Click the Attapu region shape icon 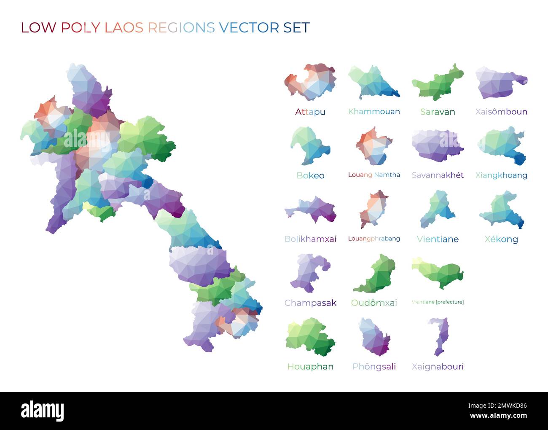tap(310, 83)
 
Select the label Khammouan tap(374, 112)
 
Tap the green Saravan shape tap(436, 83)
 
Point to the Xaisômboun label tap(501, 112)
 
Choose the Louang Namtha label tap(374, 175)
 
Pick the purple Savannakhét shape tap(437, 145)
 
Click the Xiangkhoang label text tap(501, 175)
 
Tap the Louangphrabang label tap(374, 239)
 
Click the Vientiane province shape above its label tap(438, 209)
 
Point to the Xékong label tap(501, 239)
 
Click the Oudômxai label tap(374, 303)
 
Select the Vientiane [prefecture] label tap(438, 302)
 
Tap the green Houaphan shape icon tap(310, 337)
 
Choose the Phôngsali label tap(374, 366)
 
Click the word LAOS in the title tap(124, 28)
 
